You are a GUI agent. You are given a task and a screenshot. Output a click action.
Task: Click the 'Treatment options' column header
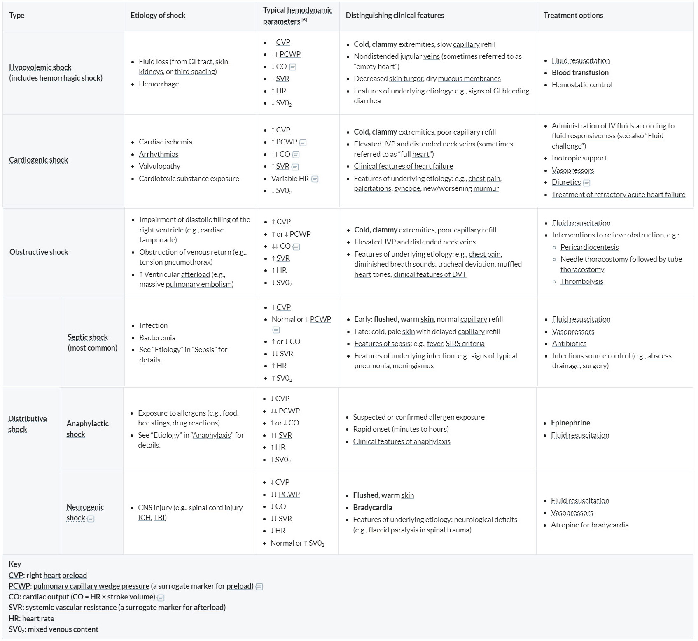click(573, 16)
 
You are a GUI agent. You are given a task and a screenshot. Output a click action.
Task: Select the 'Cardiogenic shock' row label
click(38, 160)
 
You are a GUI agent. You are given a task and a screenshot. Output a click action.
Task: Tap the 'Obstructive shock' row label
click(39, 252)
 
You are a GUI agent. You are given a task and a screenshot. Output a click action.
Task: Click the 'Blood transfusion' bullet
click(580, 73)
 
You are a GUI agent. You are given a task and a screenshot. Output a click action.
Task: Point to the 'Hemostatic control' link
click(581, 85)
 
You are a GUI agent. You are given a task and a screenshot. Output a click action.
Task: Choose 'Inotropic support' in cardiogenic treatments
click(579, 158)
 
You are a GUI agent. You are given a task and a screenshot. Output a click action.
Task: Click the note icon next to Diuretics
click(587, 183)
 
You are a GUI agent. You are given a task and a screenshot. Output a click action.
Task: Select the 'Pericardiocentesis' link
click(589, 247)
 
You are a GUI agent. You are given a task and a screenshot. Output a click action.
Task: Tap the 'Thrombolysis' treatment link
click(581, 281)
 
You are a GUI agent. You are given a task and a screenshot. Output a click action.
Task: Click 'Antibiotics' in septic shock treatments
click(569, 344)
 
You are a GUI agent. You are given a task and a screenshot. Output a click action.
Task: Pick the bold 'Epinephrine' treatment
click(570, 423)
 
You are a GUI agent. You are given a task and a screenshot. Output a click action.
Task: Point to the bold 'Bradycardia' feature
click(372, 508)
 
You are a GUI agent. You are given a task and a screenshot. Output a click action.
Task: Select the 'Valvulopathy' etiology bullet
click(159, 166)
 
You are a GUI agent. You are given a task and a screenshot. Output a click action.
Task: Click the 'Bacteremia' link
click(157, 338)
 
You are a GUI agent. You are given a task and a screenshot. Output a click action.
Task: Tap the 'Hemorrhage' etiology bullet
click(159, 84)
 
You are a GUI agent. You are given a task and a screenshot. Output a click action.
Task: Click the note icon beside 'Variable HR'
click(315, 179)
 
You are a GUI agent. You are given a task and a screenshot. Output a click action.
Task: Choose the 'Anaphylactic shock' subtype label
click(87, 429)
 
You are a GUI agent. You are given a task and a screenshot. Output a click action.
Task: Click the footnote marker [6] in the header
click(304, 20)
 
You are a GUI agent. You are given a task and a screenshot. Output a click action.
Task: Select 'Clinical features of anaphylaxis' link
click(402, 441)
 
